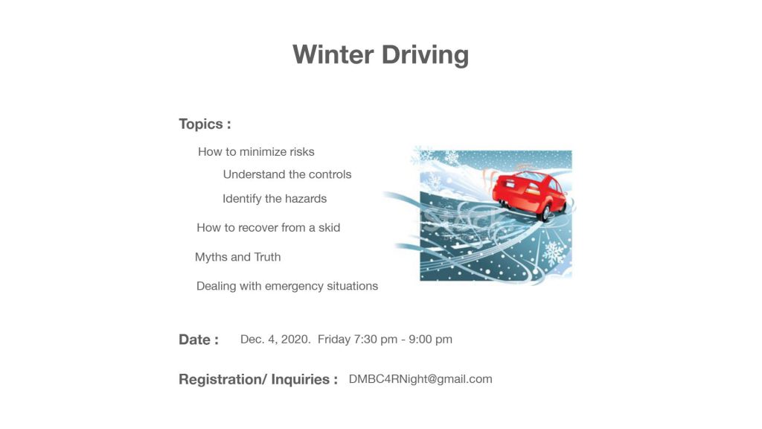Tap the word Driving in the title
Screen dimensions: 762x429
tap(425, 55)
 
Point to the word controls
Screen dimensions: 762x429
tap(330, 174)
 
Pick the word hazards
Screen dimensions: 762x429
tap(306, 199)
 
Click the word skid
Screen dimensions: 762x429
tap(329, 228)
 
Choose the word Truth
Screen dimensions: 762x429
tap(267, 257)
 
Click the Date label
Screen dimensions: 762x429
tap(199, 340)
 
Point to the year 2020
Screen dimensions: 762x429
tap(295, 340)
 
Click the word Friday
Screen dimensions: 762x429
tap(334, 340)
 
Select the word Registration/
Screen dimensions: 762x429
tap(222, 379)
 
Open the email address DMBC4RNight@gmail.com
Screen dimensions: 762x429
tap(420, 379)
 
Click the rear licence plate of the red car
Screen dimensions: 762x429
tap(510, 184)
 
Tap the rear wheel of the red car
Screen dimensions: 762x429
tap(545, 212)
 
